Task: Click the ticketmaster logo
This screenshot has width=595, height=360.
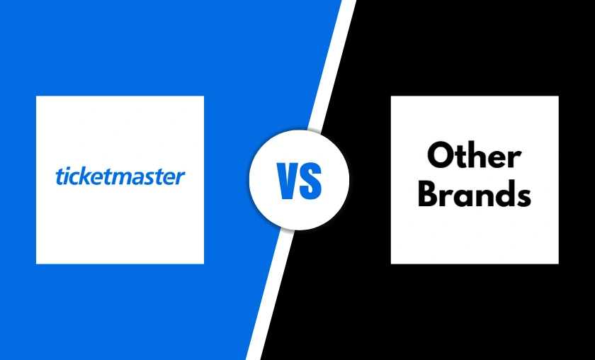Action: pos(120,176)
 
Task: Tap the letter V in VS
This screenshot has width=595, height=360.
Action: pos(287,180)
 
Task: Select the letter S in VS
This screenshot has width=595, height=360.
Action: pos(312,180)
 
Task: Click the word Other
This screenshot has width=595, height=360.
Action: pos(474,156)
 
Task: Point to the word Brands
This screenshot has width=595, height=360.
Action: pos(474,194)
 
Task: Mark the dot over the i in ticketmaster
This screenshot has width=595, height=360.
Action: pos(64,169)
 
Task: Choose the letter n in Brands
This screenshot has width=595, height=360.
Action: pos(481,196)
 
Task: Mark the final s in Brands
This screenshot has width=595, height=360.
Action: pos(522,196)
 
